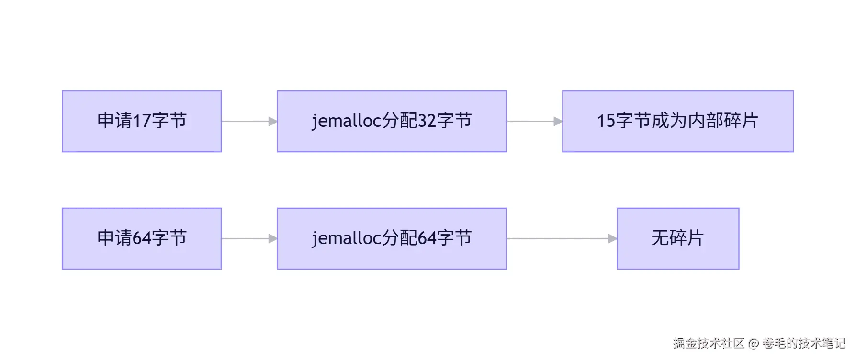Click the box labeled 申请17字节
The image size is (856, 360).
[x=142, y=121]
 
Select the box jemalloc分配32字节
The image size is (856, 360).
[x=392, y=121]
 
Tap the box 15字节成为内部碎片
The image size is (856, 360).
[x=677, y=121]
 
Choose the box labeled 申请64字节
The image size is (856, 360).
[x=142, y=238]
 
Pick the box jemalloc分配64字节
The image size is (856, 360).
[x=392, y=238]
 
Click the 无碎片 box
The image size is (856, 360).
[x=677, y=238]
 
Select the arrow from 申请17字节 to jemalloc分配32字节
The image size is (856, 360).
[x=249, y=122]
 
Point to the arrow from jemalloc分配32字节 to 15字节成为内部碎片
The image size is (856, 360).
[x=534, y=122]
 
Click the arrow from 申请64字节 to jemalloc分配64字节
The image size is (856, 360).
[x=249, y=238]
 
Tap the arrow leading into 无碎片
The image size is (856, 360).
[x=562, y=238]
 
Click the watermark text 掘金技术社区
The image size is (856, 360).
[x=708, y=343]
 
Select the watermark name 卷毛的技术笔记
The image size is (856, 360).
[x=804, y=343]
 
